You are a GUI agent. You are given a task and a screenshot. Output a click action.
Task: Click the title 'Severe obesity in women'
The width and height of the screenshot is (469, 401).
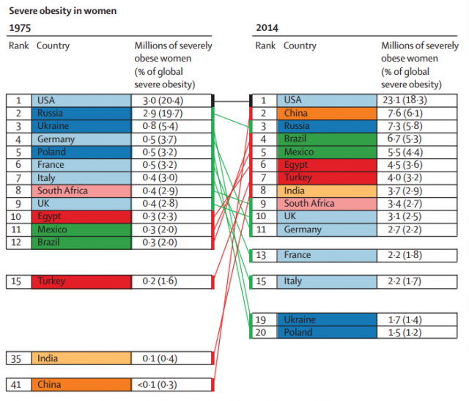pos(63,11)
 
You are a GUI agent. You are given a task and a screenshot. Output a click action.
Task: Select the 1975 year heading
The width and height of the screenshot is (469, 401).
pos(20,28)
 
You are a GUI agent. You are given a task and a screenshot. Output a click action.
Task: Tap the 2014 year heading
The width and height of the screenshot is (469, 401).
pos(267,28)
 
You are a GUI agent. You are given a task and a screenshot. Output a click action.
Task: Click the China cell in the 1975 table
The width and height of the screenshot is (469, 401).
pos(81,385)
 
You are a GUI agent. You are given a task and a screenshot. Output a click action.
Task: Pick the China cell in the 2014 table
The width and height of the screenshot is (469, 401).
pos(327,113)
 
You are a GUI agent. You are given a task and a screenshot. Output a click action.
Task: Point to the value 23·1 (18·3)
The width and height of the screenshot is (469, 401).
pos(405,100)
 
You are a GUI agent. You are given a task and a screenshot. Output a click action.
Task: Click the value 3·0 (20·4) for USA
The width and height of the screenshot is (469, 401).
pos(163,100)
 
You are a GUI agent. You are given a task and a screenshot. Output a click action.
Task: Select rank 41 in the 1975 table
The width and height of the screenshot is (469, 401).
pos(16,385)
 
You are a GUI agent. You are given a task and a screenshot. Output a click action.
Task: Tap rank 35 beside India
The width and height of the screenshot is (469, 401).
pos(16,358)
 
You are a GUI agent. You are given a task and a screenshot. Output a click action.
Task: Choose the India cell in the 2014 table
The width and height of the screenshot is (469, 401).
pos(327,191)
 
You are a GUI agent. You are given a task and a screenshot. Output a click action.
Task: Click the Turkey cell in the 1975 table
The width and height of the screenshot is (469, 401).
pos(81,282)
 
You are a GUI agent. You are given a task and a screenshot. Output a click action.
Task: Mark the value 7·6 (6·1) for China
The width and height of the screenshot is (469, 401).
pos(405,113)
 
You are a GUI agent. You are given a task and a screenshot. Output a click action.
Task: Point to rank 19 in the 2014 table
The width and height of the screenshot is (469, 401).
pos(261,320)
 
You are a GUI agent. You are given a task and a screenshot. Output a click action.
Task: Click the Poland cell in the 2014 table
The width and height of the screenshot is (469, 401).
pos(327,333)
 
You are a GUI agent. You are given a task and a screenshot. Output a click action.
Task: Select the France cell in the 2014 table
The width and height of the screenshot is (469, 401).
pos(327,256)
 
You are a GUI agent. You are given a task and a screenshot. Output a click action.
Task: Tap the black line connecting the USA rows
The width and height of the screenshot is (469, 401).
pos(232,101)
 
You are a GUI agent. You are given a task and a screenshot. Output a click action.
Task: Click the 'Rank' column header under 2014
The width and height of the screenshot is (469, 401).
pos(265,45)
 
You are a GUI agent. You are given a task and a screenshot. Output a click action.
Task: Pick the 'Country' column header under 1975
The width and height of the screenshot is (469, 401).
pos(53,45)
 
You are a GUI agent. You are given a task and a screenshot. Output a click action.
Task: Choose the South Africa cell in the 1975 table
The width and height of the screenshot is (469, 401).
pos(81,191)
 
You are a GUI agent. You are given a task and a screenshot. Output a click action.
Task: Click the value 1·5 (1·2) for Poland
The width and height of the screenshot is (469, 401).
pos(405,333)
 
